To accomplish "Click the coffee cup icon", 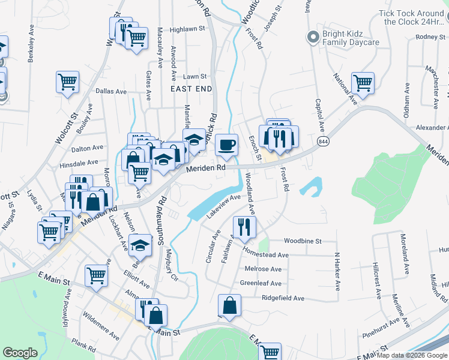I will [226, 145].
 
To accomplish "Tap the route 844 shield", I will [324, 140].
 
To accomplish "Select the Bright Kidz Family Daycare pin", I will [312, 38].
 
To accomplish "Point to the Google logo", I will [20, 352].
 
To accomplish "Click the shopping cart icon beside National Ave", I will [363, 83].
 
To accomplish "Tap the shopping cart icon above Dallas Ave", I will [67, 82].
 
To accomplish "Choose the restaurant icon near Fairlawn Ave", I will [244, 227].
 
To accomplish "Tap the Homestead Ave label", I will [266, 255].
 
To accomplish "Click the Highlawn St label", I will [187, 29].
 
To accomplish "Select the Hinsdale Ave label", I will [78, 163].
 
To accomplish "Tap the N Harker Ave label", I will [338, 269].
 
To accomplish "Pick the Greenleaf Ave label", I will [261, 283].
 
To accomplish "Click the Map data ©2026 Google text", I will [412, 355].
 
